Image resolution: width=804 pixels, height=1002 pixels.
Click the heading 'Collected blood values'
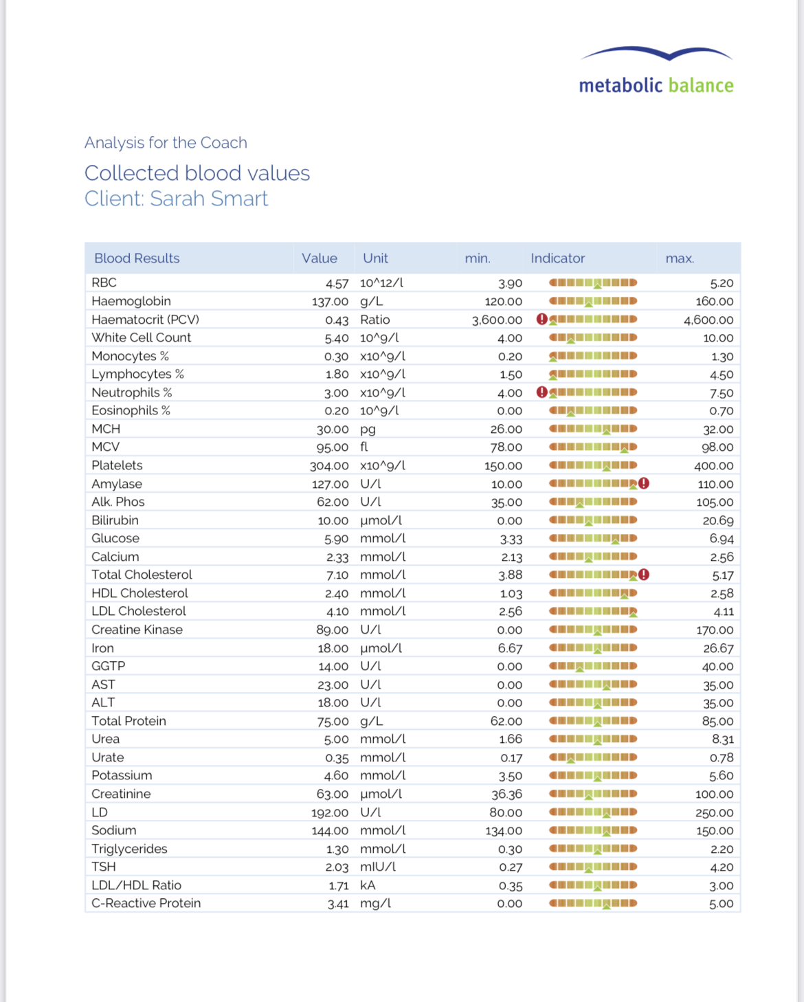(197, 173)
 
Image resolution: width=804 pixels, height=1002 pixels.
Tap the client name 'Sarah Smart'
(209, 199)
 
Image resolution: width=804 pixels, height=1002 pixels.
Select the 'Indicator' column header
(557, 258)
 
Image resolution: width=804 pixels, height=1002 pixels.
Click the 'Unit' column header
(375, 258)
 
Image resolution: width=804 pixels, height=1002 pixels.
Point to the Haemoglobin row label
(131, 301)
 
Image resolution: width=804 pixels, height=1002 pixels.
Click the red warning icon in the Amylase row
(644, 483)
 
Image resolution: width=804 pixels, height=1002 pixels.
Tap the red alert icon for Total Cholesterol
(644, 575)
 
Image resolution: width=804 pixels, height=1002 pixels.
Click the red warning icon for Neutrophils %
(541, 392)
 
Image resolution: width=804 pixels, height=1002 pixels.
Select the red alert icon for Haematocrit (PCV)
(541, 319)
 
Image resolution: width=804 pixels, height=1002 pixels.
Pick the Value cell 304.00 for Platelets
(329, 466)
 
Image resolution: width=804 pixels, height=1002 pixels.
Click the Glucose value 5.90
(337, 539)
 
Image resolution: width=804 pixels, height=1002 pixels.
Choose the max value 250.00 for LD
(715, 812)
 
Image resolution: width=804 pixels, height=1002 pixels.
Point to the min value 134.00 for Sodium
(504, 831)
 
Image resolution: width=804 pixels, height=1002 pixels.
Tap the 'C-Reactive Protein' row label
(146, 903)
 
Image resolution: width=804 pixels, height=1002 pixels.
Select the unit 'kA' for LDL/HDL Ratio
(368, 885)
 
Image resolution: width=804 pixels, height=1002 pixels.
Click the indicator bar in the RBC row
(593, 282)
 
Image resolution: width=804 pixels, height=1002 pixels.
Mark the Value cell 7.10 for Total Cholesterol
(337, 575)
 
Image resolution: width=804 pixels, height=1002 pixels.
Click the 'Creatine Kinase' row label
(137, 630)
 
